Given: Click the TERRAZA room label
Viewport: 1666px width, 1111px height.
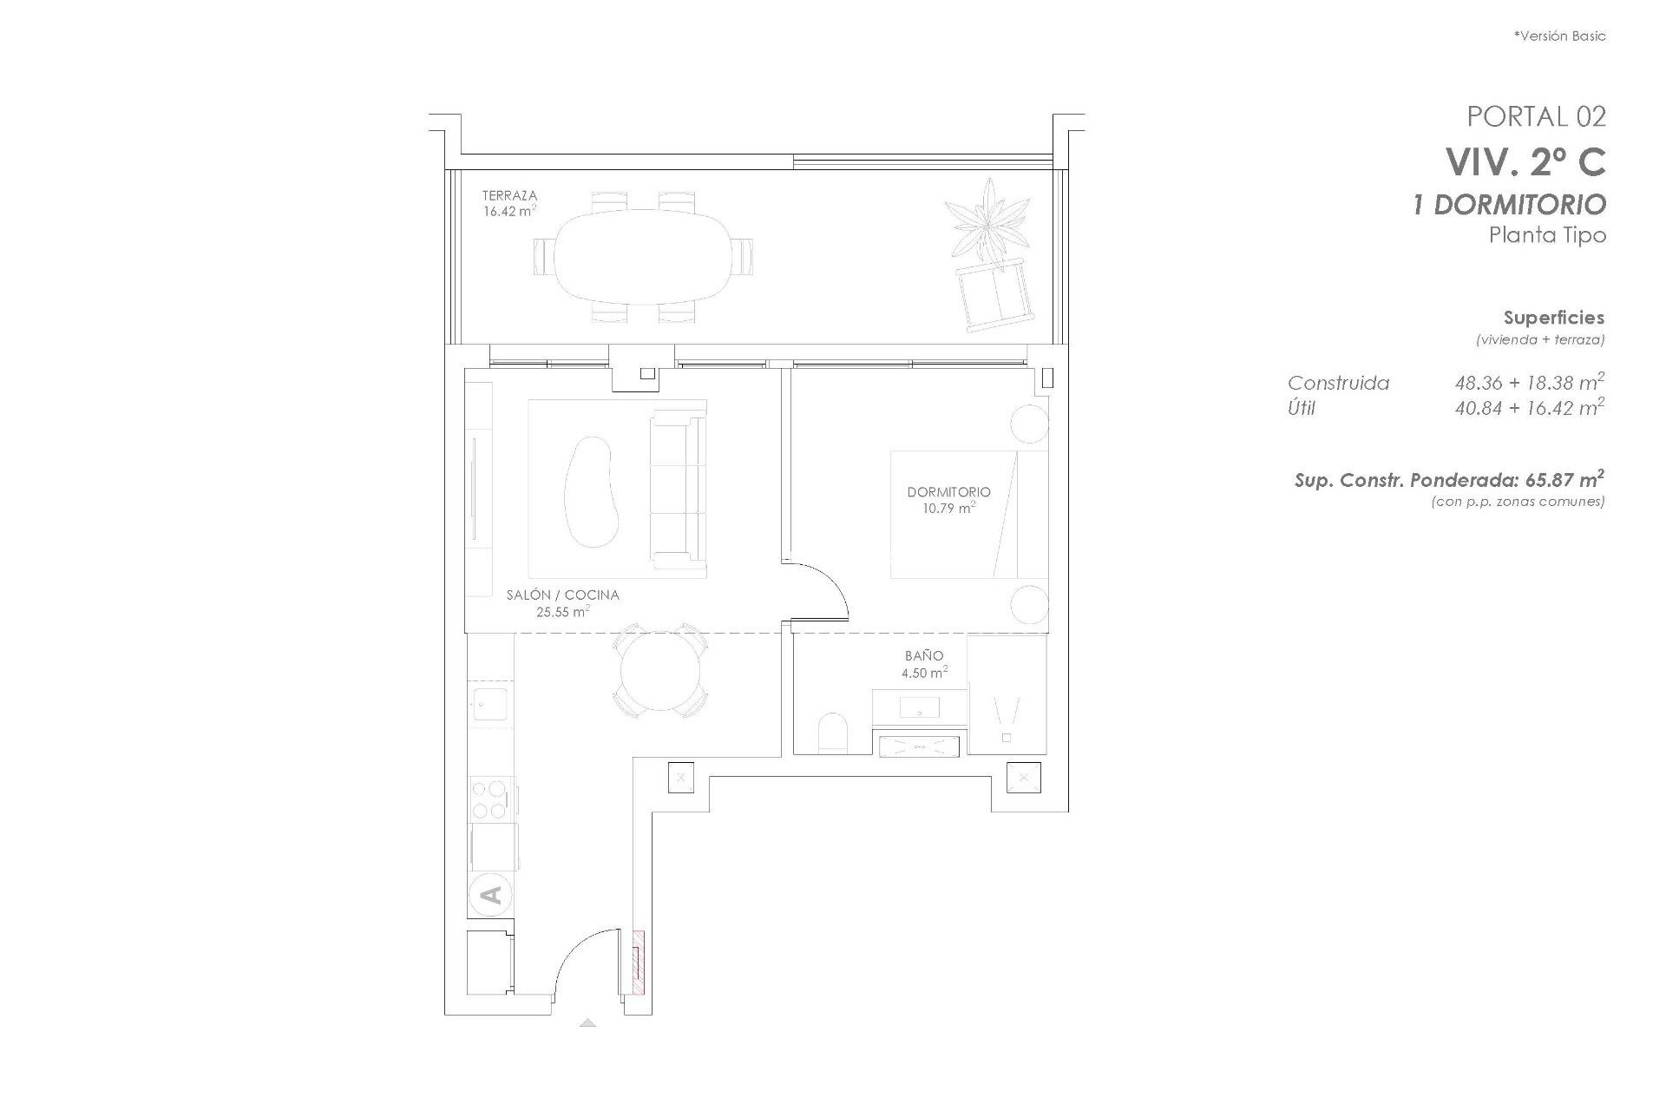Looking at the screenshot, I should [509, 196].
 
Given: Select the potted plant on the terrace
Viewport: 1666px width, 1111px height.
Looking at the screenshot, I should [987, 220].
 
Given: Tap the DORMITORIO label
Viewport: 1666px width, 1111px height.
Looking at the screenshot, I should [948, 492].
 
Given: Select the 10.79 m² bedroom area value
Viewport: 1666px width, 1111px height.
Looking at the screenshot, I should [948, 509].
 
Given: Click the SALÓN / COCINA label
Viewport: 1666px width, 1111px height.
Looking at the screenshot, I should [562, 595].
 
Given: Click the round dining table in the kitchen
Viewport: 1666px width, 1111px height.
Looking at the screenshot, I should [659, 671].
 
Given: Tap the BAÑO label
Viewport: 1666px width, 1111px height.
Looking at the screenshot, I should [923, 656].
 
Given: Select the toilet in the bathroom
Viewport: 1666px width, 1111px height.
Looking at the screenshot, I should [833, 733].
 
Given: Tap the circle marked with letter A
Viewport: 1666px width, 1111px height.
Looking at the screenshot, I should [490, 895].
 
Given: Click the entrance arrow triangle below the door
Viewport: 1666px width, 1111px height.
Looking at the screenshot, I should [588, 1022].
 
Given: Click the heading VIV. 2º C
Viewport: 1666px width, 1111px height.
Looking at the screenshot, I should [1525, 161].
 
